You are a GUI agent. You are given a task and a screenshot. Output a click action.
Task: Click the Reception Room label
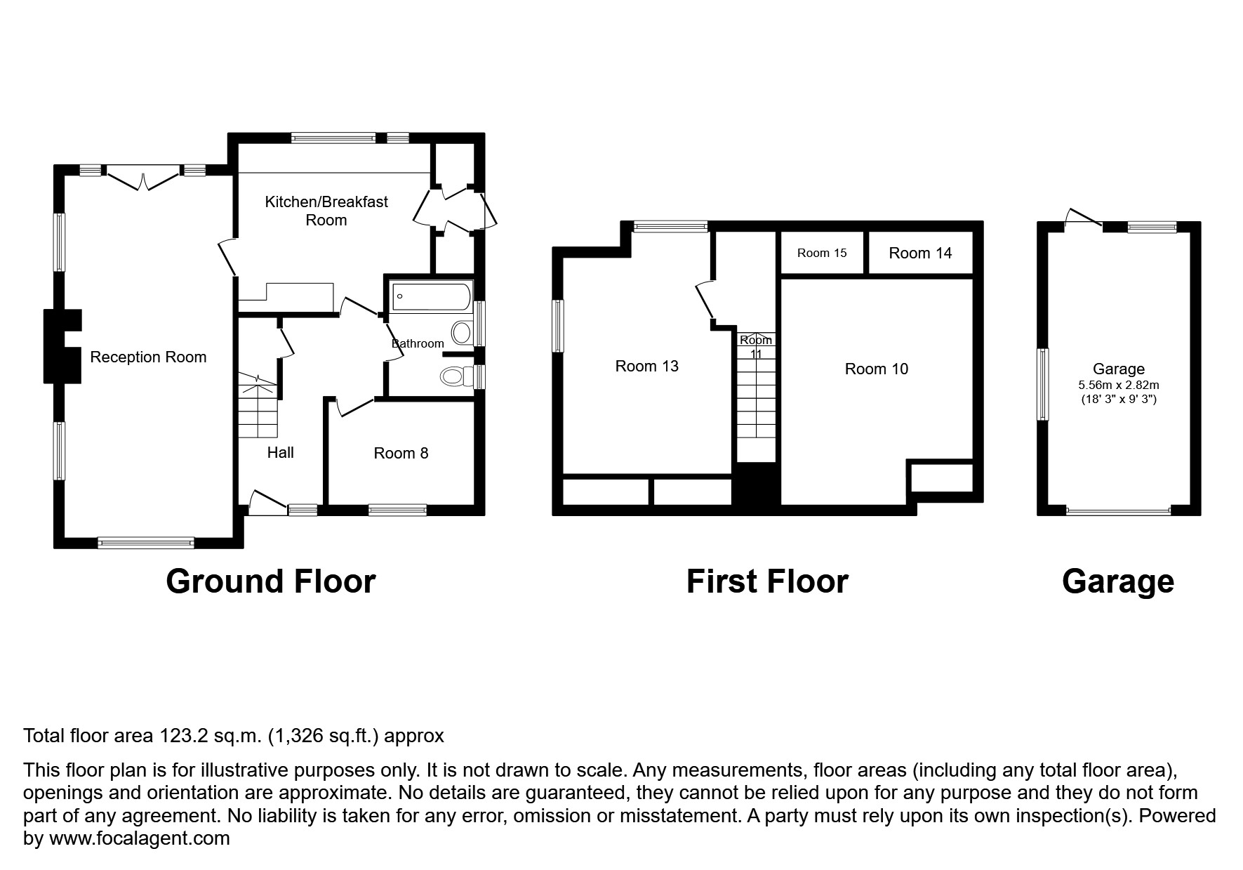point(148,357)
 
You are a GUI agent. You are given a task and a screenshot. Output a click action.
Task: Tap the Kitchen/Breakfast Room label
point(326,211)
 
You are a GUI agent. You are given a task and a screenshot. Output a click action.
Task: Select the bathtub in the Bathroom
point(430,296)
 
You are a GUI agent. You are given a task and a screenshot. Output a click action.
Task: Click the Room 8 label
point(401,453)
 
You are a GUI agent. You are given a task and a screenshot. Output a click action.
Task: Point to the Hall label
point(280,452)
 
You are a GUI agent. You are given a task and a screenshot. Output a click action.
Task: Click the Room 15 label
point(822,253)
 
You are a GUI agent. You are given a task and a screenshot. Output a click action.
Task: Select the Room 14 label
point(919,253)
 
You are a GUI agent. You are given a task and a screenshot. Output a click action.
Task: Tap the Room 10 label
point(876,369)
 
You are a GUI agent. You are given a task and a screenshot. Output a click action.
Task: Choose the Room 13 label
point(646,366)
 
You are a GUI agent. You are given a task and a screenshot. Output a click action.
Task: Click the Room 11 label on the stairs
point(756,346)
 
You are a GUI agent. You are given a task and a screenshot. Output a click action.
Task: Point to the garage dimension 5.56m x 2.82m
point(1118,385)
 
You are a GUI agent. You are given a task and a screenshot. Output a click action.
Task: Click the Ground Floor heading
point(270,581)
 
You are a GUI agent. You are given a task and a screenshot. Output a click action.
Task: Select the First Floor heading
point(766,581)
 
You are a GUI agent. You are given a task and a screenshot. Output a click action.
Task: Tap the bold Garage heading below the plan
point(1117,581)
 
